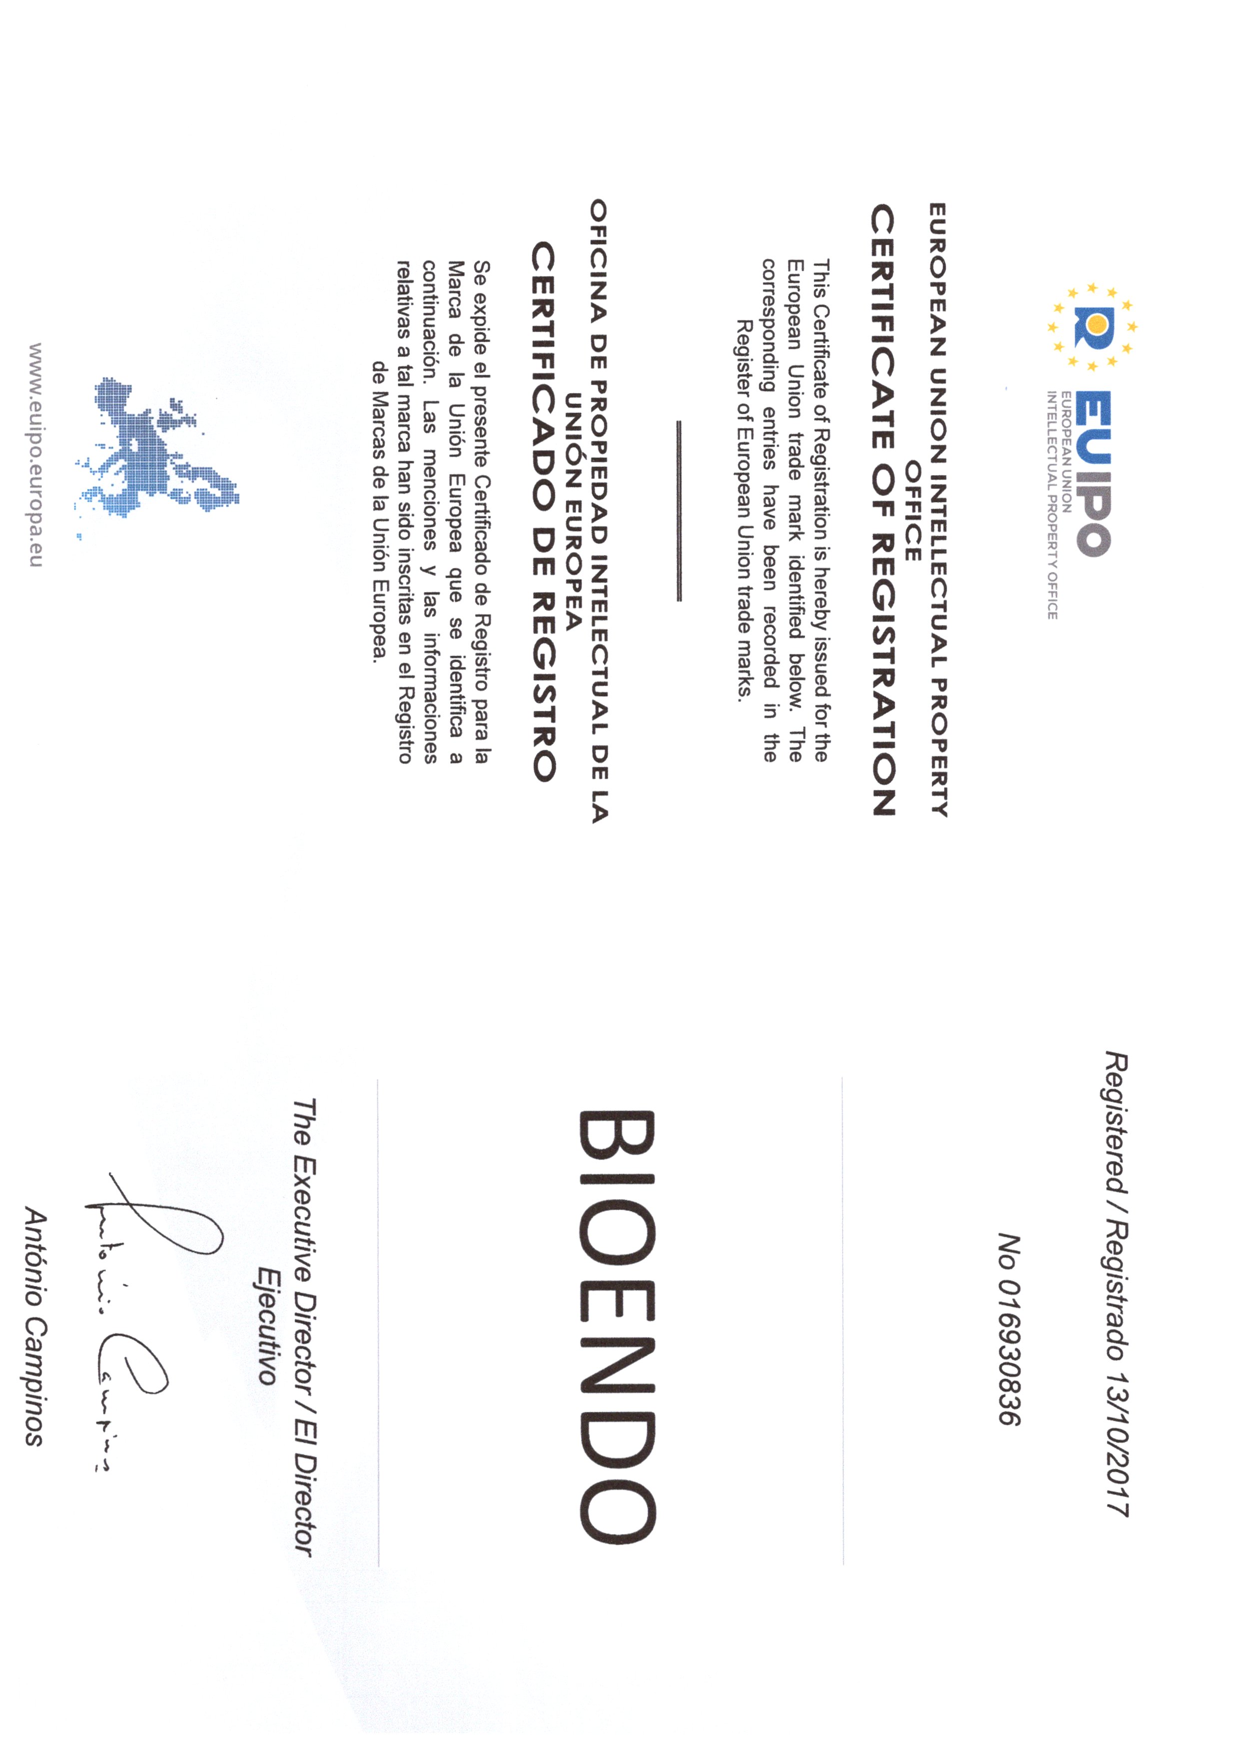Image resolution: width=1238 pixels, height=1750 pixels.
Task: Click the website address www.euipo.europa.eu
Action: (x=34, y=454)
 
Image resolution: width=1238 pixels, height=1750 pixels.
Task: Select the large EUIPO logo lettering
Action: (x=1094, y=473)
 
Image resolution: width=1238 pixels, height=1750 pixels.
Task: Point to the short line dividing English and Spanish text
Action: (x=678, y=511)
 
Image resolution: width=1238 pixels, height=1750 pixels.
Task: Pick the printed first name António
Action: (x=34, y=1250)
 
